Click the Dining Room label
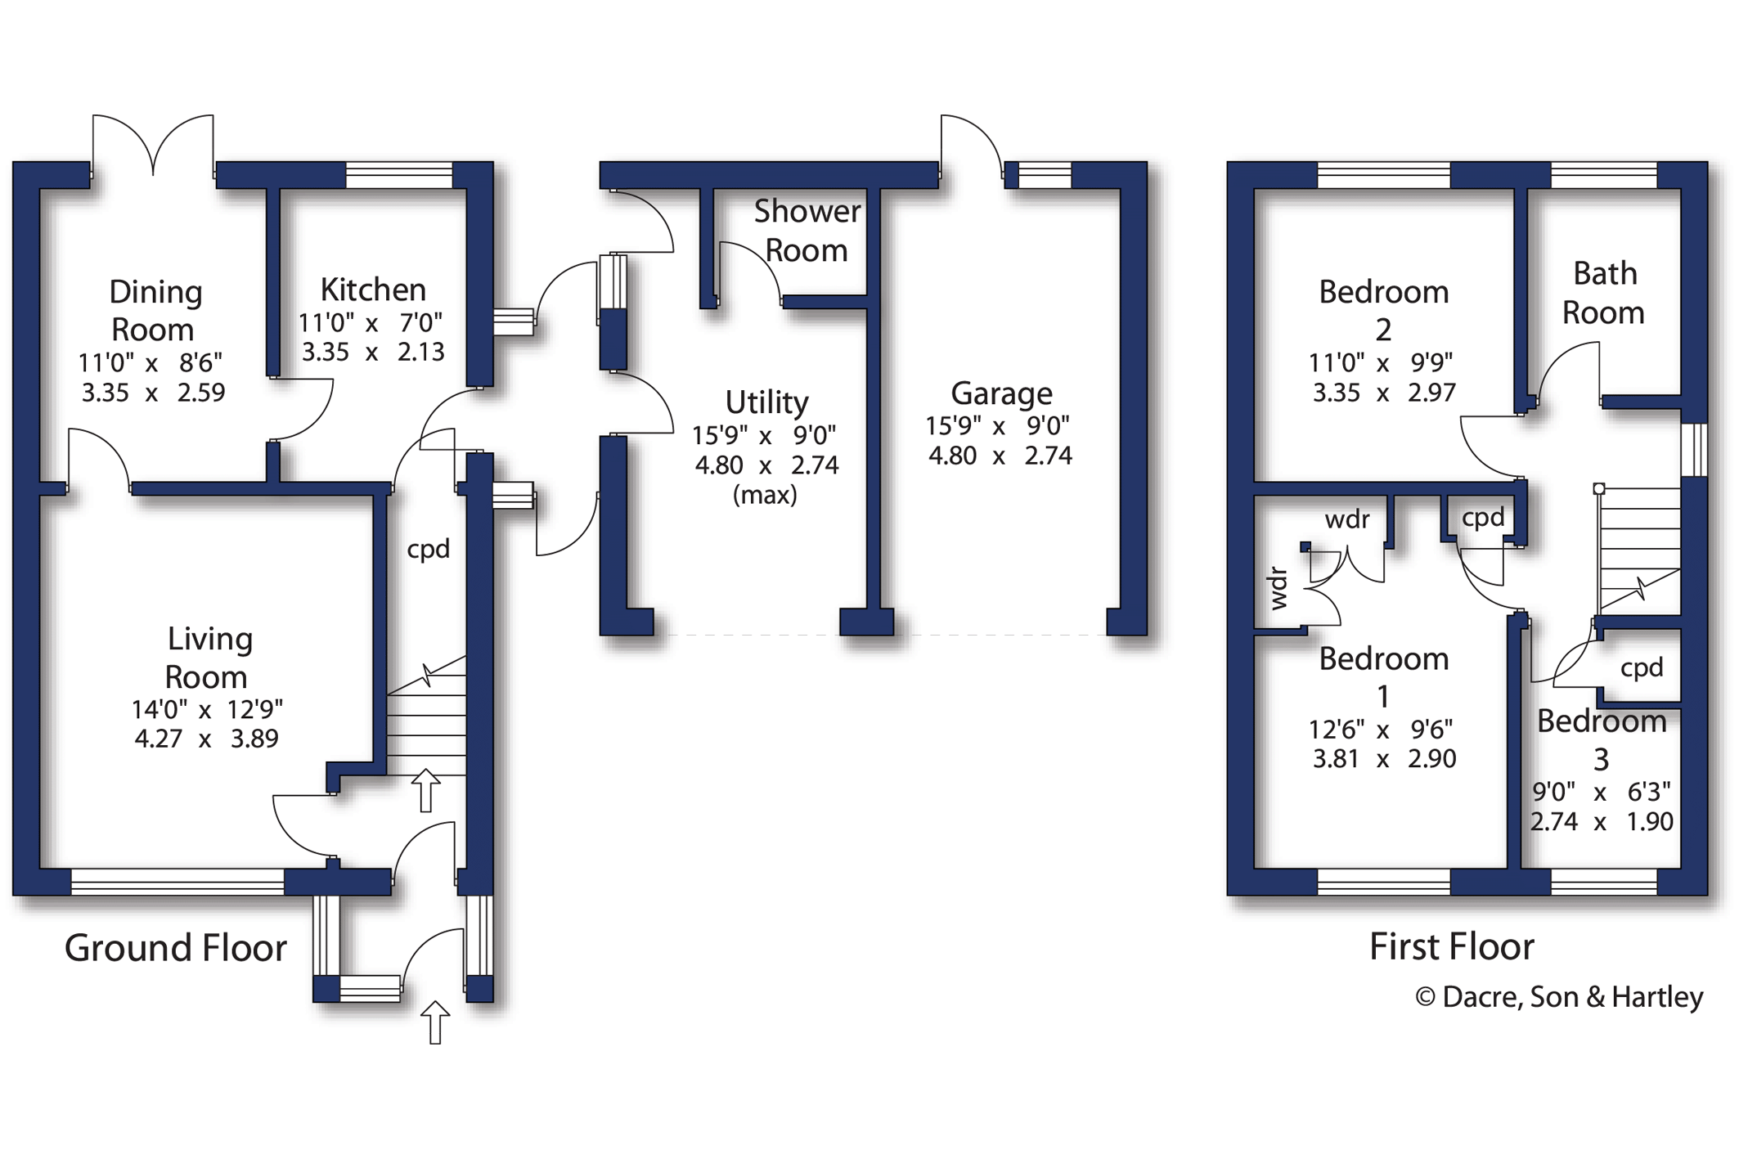pos(155,311)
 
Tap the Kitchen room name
pos(373,290)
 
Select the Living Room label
pos(209,658)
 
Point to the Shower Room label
pos(807,231)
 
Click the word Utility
pos(766,402)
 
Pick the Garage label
pos(1001,393)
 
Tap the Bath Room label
pos(1603,293)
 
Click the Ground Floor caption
pos(175,948)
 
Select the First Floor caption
pos(1451,946)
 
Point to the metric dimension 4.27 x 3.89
pos(206,739)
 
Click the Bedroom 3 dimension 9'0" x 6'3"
pos(1601,792)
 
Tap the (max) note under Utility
pos(765,495)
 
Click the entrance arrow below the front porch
pos(435,1022)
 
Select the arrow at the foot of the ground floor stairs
pos(425,790)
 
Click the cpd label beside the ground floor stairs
pos(429,549)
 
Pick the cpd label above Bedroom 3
pos(1642,668)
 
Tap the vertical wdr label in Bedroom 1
pos(1278,589)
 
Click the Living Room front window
pos(177,882)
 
